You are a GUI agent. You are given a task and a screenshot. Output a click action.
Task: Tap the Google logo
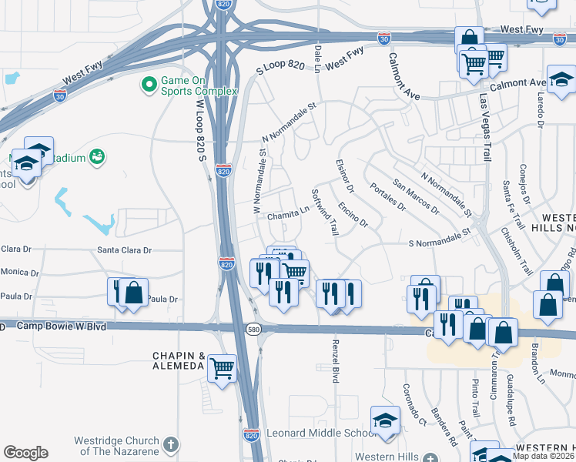25,453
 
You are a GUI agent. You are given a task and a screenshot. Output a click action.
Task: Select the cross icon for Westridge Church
171,445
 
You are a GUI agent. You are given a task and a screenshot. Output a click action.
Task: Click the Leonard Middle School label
316,434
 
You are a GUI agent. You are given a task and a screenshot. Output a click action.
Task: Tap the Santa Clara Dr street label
125,250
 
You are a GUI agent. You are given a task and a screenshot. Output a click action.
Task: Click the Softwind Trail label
324,213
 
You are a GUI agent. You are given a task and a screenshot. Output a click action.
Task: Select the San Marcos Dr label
415,197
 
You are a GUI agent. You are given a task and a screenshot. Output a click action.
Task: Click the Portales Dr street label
387,197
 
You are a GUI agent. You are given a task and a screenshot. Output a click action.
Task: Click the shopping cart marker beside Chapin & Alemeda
222,367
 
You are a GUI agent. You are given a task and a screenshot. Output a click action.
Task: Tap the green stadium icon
97,156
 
